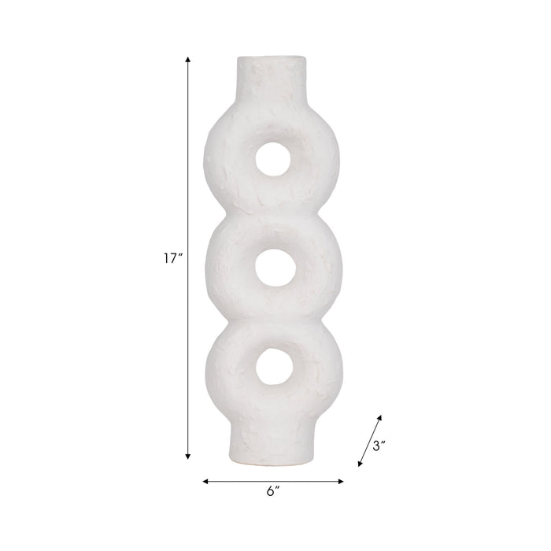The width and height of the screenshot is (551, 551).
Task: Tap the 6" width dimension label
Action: tap(272, 491)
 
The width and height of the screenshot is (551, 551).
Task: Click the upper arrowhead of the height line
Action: tap(188, 59)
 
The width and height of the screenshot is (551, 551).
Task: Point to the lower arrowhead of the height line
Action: tap(188, 456)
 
